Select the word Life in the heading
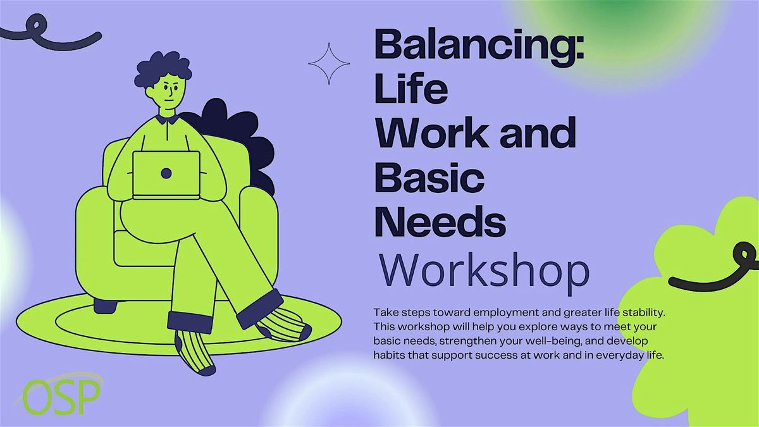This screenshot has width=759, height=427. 411,88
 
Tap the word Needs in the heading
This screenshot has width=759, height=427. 440,221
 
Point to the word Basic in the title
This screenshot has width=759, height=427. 429,177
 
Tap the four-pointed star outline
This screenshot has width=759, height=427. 329,63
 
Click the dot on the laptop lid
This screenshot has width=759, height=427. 166,173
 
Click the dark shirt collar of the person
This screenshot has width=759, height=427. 167,119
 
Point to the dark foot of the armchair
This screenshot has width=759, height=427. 106,306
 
